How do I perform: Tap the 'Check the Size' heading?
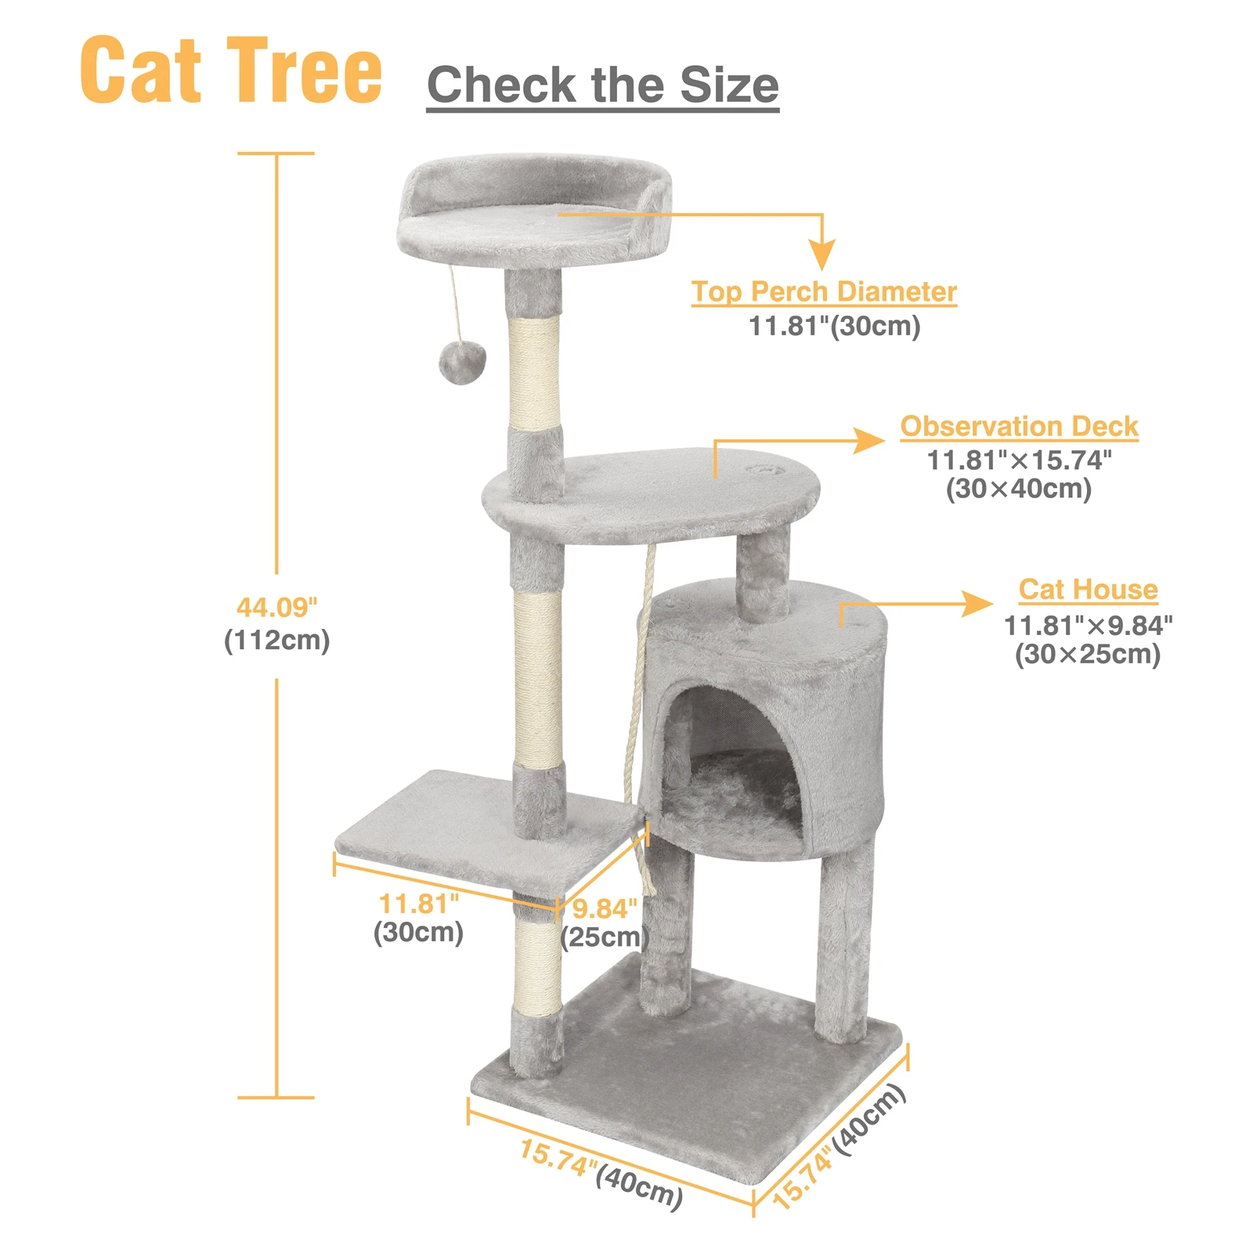[602, 85]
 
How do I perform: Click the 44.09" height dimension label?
[276, 607]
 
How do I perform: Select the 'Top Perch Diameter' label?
[824, 291]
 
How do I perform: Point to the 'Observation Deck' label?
[1019, 426]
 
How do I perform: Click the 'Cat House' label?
[1088, 589]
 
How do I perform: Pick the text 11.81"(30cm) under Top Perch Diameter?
[834, 326]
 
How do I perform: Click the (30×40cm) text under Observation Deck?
[1018, 489]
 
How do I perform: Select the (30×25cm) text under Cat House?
[1087, 654]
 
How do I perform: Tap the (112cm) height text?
[276, 641]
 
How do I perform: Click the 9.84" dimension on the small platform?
[605, 908]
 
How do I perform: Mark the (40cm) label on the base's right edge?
[869, 1120]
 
